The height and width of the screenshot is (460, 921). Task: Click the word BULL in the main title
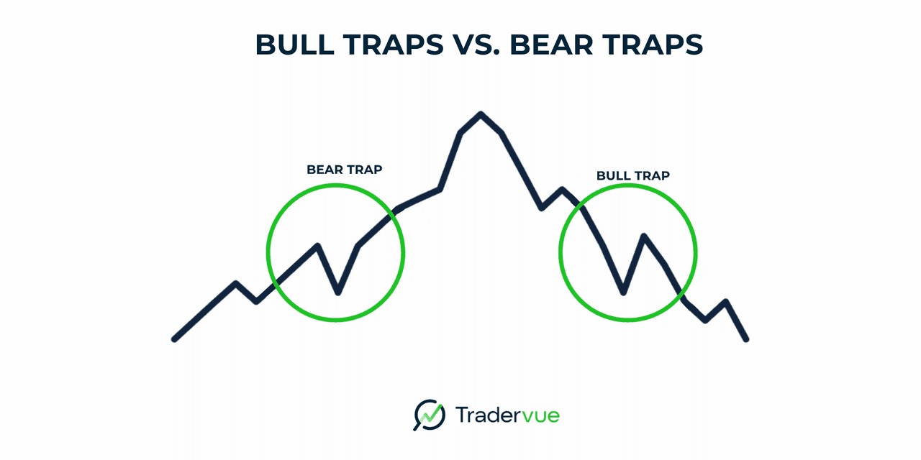(295, 45)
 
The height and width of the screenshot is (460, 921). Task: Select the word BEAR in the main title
(551, 45)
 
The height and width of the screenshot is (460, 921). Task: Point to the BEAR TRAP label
(345, 170)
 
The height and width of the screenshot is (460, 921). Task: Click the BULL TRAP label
(633, 176)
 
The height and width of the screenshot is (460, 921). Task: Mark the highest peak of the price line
(481, 114)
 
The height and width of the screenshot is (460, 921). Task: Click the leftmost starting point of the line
(174, 339)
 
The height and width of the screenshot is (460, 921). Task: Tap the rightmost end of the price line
(746, 339)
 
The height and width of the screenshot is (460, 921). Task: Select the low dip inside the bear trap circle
(338, 293)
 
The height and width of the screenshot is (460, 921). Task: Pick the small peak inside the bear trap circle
(318, 246)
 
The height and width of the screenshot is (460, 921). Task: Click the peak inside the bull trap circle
(643, 236)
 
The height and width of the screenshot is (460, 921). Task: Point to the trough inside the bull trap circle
(623, 293)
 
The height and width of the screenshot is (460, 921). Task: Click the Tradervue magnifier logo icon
(430, 415)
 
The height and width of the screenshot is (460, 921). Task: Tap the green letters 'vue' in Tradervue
(540, 416)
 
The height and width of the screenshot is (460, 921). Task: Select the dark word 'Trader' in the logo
(488, 415)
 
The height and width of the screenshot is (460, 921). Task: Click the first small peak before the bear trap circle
(235, 283)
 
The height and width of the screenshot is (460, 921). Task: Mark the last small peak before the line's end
(726, 302)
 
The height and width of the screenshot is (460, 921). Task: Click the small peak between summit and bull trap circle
(562, 189)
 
